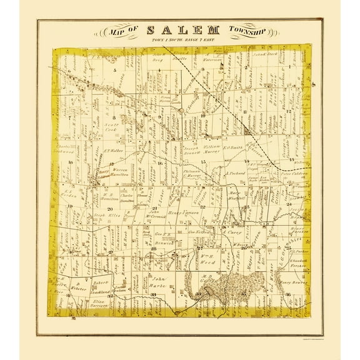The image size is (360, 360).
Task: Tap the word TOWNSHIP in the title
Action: pyautogui.click(x=247, y=29)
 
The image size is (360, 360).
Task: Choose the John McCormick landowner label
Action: pyautogui.click(x=159, y=216)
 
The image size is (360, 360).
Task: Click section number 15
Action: pyautogui.click(x=203, y=162)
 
